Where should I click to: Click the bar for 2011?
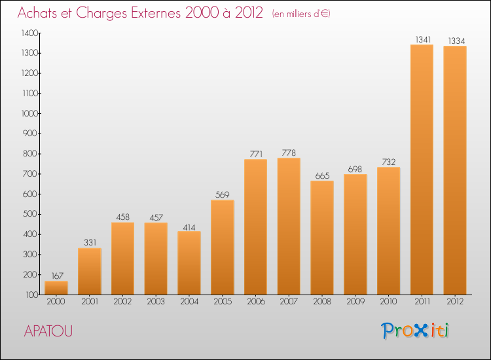[422, 170]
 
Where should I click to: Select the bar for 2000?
[56, 287]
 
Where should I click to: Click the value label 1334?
[455, 41]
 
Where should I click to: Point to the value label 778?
[289, 153]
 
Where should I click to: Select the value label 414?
[189, 226]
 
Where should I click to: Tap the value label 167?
[56, 276]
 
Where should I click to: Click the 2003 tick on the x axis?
[156, 301]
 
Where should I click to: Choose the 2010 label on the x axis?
[388, 301]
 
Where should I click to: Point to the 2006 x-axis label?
[255, 301]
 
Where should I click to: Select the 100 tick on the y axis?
[32, 295]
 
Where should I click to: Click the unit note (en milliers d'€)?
[301, 14]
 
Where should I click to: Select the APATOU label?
[48, 331]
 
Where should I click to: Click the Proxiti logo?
[415, 331]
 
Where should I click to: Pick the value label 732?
[388, 162]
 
